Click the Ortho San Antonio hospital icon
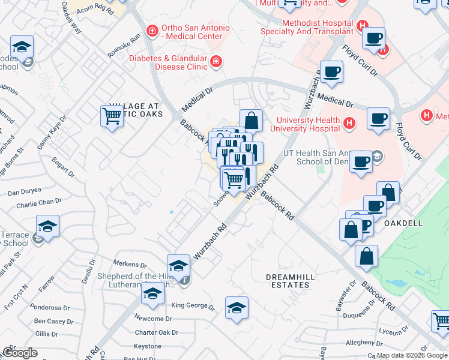[152, 29]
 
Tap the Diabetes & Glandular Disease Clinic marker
[215, 61]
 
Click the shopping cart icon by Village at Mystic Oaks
[112, 115]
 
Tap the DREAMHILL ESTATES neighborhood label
[288, 281]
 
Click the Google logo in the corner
[20, 353]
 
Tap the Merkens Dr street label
[131, 264]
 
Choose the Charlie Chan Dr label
[39, 203]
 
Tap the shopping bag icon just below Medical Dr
[252, 120]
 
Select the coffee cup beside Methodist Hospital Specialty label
[374, 38]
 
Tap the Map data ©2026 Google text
[411, 355]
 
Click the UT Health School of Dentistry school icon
[377, 157]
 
